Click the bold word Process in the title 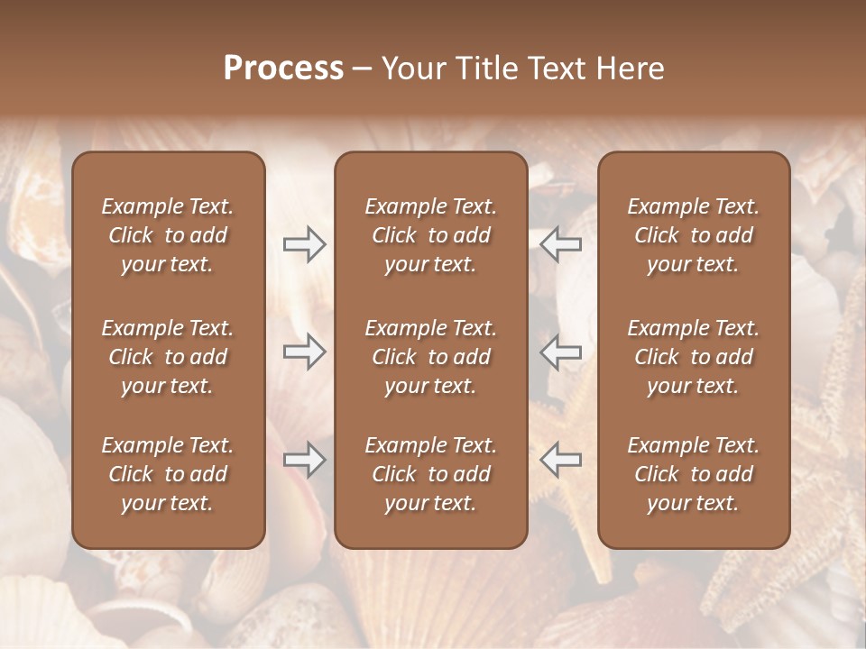click(x=283, y=69)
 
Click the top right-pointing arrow click(x=304, y=244)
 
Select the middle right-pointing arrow click(x=304, y=352)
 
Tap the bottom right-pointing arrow click(x=304, y=459)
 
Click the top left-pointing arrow click(x=560, y=244)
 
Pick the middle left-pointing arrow click(x=560, y=352)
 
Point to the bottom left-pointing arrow click(x=560, y=459)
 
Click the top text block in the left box click(x=168, y=235)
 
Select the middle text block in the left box click(x=168, y=357)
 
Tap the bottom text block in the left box click(x=168, y=474)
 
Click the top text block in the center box click(x=430, y=235)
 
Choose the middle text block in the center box click(x=430, y=357)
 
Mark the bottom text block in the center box click(x=430, y=474)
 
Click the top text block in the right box click(x=694, y=235)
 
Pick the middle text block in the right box click(x=694, y=357)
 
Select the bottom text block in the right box click(x=694, y=474)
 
